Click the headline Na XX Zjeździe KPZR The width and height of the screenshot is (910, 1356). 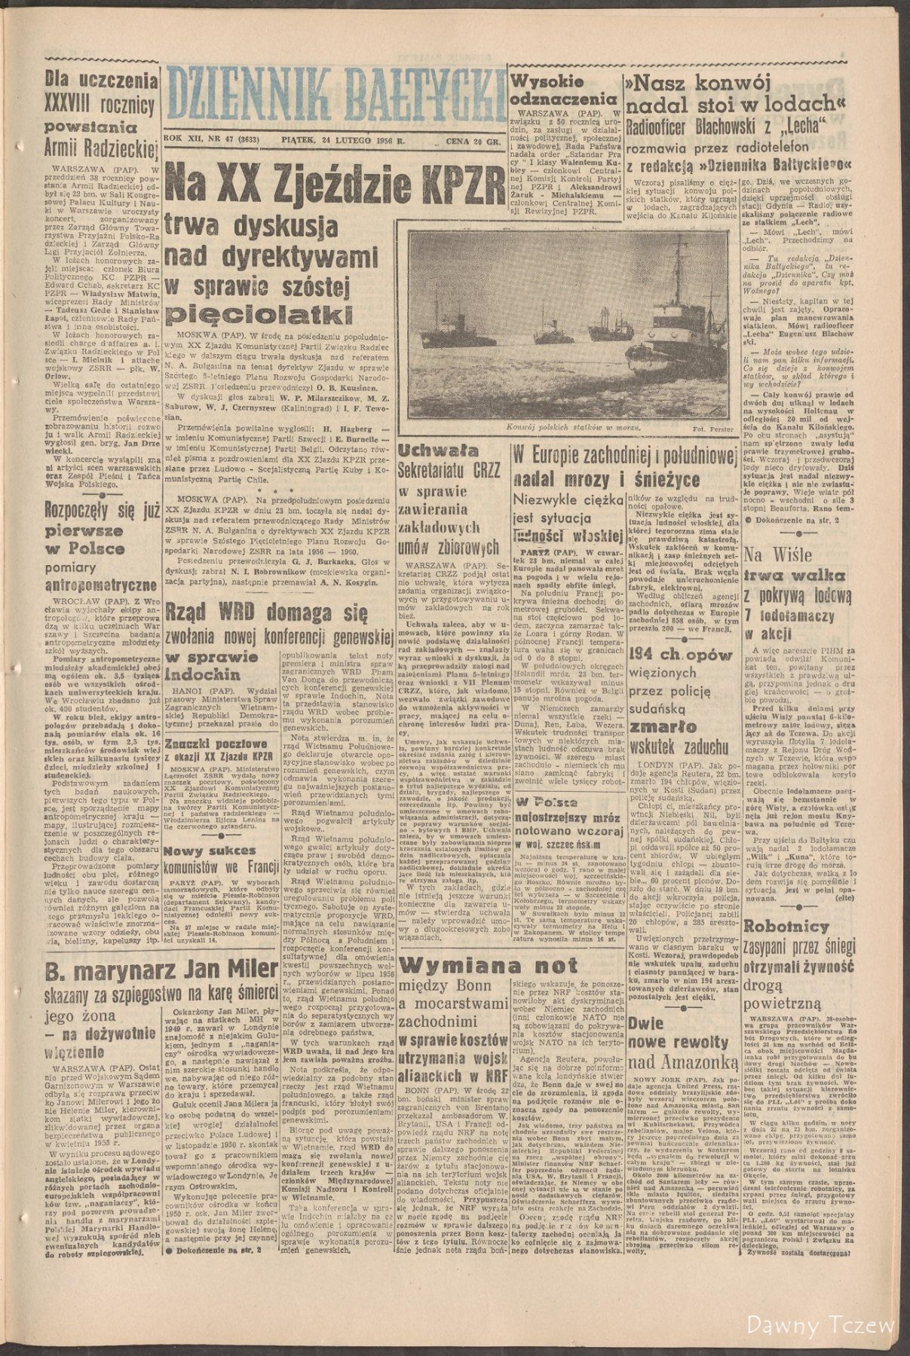click(x=336, y=179)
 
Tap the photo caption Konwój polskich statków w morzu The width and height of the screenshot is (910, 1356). click(x=574, y=427)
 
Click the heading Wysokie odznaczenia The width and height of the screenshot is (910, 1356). click(x=559, y=90)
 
